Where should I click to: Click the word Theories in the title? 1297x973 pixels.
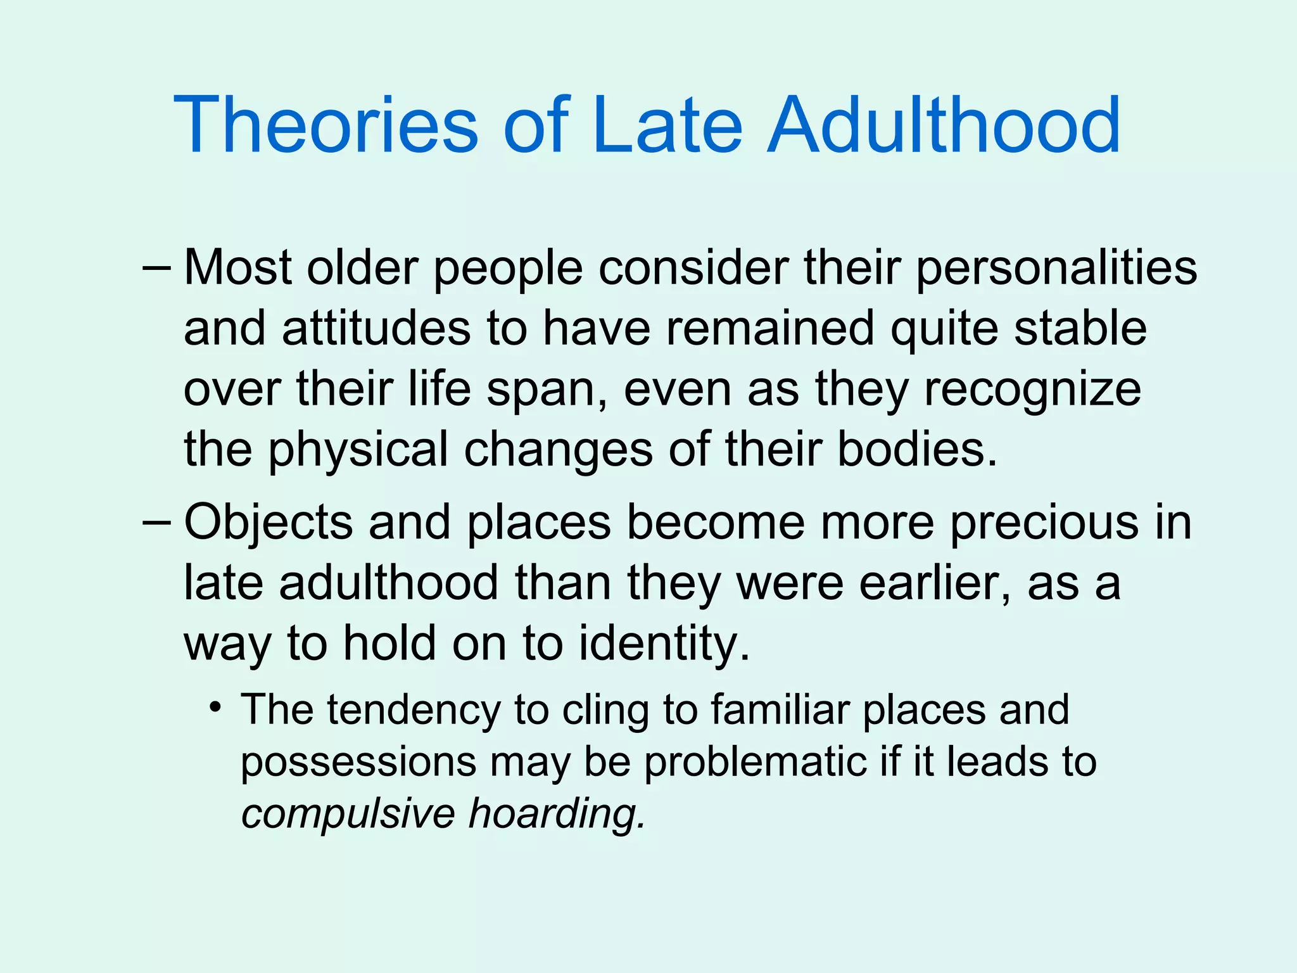[326, 125]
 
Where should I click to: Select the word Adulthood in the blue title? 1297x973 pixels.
[944, 125]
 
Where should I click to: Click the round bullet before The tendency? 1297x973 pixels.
[217, 706]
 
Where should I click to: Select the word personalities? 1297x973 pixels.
[1056, 269]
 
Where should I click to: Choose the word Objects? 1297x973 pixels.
[268, 523]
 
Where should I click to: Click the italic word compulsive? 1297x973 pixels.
[348, 815]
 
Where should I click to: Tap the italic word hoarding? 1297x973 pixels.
[557, 813]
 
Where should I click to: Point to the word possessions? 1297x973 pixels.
[358, 763]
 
